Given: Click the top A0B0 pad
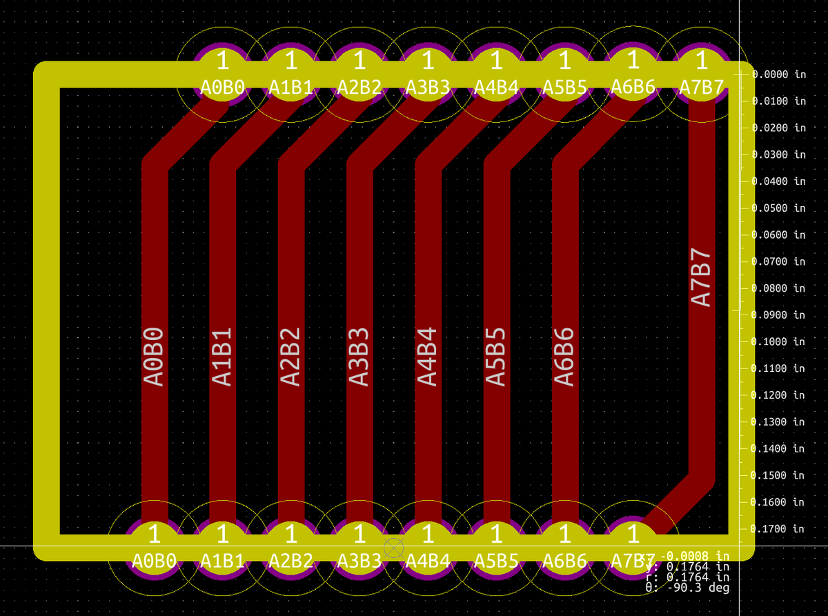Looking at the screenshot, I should tap(222, 73).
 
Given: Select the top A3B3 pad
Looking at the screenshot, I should tap(427, 73).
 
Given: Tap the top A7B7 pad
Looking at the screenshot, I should tap(701, 73).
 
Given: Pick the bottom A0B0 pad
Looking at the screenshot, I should tap(155, 546).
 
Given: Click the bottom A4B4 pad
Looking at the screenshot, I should tap(428, 546).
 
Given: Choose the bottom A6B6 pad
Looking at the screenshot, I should tap(564, 546).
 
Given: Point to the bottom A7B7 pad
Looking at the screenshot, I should tap(632, 546).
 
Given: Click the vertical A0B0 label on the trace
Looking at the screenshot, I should tap(154, 356).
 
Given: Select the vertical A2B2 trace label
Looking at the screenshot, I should tap(290, 356).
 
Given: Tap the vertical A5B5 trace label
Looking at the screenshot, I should tap(496, 356).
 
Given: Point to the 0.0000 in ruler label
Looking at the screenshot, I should tap(778, 74).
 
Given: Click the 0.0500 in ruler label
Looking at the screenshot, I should tap(778, 208).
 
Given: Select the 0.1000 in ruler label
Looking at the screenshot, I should tap(778, 341).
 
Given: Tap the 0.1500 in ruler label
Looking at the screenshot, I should tap(778, 475).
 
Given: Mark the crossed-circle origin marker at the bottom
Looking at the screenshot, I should tap(393, 548).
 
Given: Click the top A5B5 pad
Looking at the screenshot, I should tap(564, 73).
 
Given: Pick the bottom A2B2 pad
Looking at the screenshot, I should tap(291, 546).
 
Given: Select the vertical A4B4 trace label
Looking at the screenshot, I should tap(428, 356).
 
